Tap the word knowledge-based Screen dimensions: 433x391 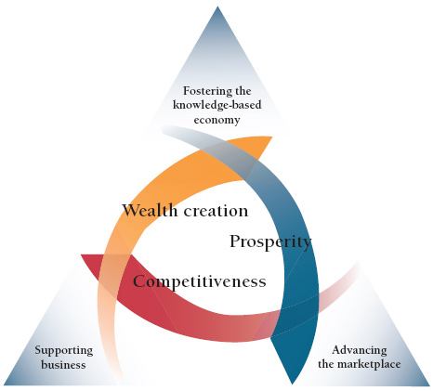click(216, 105)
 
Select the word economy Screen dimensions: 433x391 click(216, 120)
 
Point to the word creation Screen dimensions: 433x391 click(216, 211)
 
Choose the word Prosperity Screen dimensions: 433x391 click(270, 241)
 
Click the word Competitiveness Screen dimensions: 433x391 click(200, 281)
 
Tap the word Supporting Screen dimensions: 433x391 click(64, 351)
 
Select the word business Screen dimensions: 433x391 click(63, 365)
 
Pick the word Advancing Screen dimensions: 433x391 click(360, 351)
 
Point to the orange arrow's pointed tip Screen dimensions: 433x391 click(272, 137)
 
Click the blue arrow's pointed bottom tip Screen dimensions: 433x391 click(292, 384)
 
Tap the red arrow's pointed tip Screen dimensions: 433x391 click(81, 254)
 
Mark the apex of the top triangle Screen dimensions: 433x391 click(217, 7)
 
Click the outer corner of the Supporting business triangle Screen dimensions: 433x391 click(4, 384)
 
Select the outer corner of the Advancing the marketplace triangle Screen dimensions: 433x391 click(430, 385)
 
